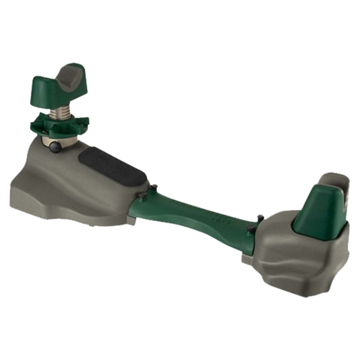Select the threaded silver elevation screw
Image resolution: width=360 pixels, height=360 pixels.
pyautogui.click(x=59, y=111)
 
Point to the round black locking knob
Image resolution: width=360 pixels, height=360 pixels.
pyautogui.click(x=56, y=147)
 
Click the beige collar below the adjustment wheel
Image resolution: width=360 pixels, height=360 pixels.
pyautogui.click(x=58, y=139)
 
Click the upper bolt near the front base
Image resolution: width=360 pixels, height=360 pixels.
pyautogui.click(x=154, y=188)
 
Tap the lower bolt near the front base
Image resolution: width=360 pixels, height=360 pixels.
pyautogui.click(x=139, y=197)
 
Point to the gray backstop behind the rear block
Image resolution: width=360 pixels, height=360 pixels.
pyautogui.click(x=335, y=183)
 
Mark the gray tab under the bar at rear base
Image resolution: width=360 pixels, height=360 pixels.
pyautogui.click(x=247, y=259)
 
